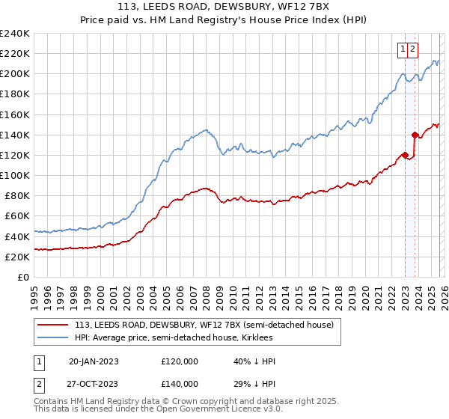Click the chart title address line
click(x=224, y=8)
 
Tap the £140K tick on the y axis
click(x=15, y=135)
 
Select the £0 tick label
click(x=24, y=277)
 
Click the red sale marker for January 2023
click(x=405, y=155)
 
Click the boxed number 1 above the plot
click(x=403, y=49)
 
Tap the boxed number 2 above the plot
click(x=413, y=49)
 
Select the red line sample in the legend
click(x=54, y=325)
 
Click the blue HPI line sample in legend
click(x=54, y=337)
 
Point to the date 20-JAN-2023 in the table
click(x=94, y=361)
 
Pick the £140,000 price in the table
click(x=179, y=384)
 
